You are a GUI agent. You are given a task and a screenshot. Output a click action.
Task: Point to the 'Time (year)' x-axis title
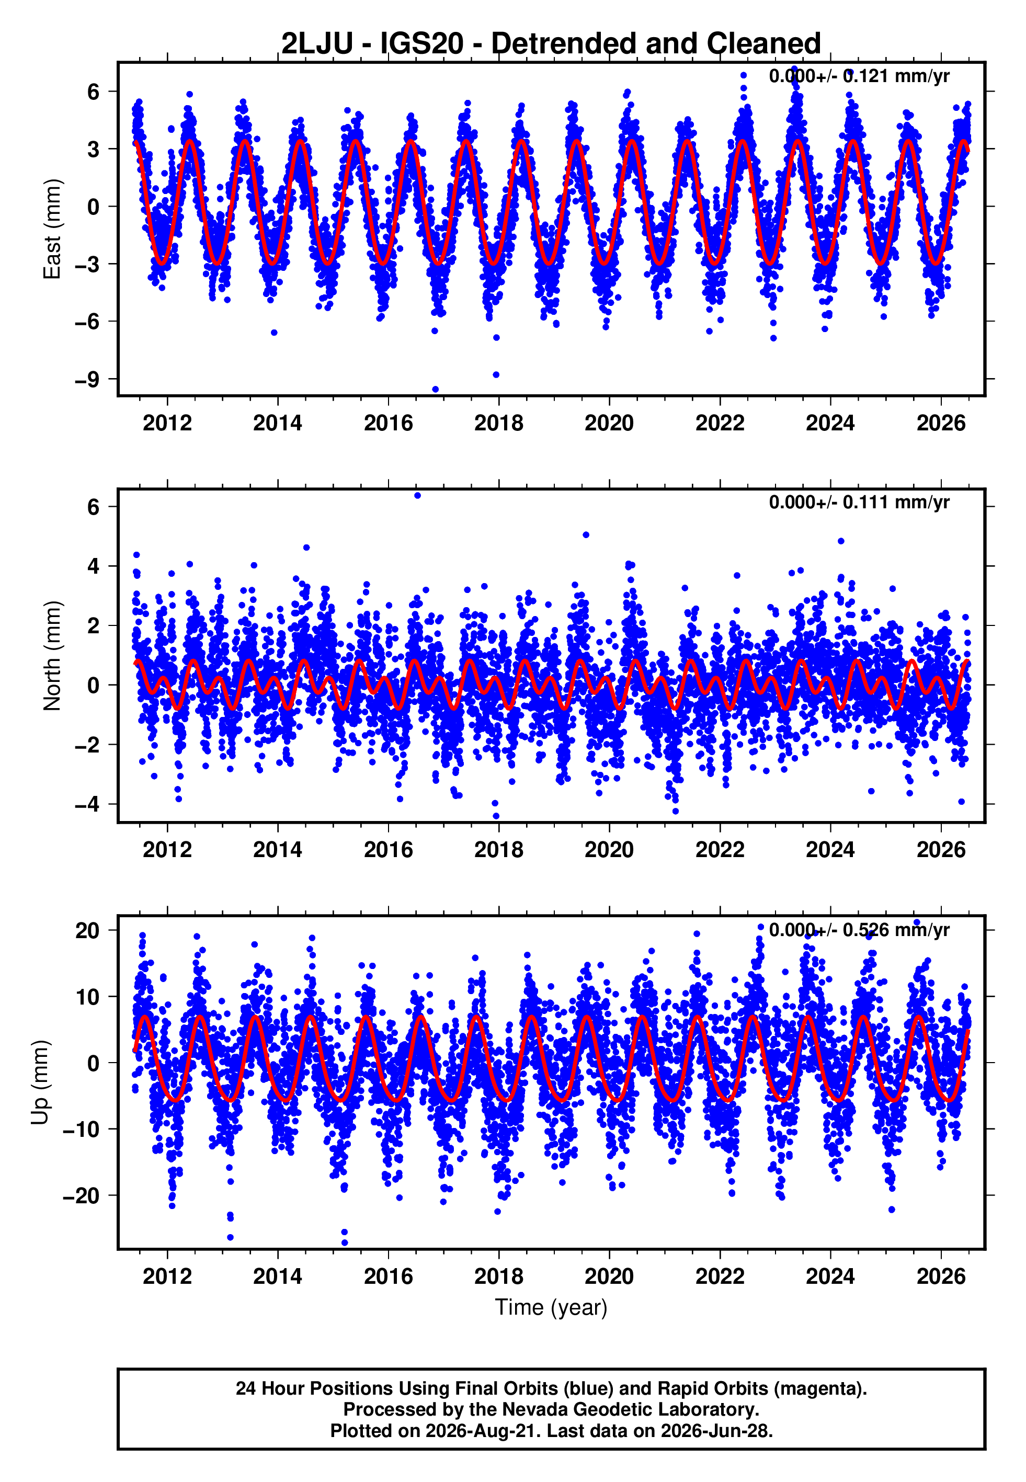coord(551,1307)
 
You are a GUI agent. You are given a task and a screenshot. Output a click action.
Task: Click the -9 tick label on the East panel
coord(87,379)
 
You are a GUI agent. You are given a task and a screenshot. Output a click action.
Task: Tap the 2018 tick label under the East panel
coord(499,423)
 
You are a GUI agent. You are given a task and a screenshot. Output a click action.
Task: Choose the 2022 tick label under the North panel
coord(720,850)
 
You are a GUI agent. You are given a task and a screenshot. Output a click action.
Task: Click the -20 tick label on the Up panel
coord(81,1195)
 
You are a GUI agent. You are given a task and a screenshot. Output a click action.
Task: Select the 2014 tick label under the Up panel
coord(278,1276)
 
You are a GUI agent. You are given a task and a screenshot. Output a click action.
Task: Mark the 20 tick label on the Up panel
coord(88,930)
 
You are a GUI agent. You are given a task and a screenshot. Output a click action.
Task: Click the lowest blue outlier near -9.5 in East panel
coord(435,390)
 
